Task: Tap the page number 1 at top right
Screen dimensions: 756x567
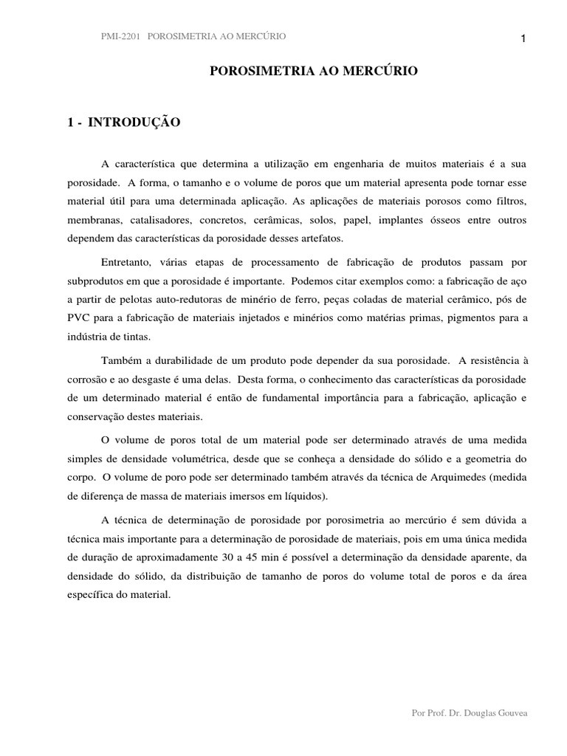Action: point(523,39)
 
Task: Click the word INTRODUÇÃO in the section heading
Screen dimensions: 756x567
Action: point(134,123)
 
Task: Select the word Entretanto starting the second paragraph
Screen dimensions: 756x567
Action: point(127,263)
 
